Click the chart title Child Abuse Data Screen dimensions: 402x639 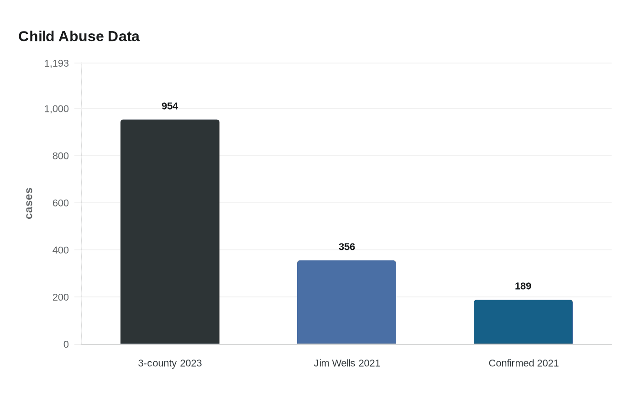coord(79,37)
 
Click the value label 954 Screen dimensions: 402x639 coord(170,106)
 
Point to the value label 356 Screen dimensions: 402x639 coord(347,247)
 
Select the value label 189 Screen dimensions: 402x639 coord(523,286)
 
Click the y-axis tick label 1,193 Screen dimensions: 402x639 coord(57,63)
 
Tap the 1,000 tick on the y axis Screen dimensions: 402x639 coord(57,109)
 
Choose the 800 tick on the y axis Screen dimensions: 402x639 coord(61,156)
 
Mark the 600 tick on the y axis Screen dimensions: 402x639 coord(61,203)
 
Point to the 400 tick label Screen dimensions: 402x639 coord(61,250)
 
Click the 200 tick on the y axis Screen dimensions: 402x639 coord(61,297)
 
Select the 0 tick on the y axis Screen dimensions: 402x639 coord(66,344)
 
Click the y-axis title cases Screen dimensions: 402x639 coord(29,203)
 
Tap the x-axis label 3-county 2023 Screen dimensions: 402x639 coord(170,363)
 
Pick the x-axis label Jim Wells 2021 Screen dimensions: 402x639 coord(347,363)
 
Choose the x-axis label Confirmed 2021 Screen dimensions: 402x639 coord(524,363)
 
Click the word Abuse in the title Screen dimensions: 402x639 coord(81,37)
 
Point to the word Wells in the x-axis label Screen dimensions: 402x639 coord(343,363)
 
